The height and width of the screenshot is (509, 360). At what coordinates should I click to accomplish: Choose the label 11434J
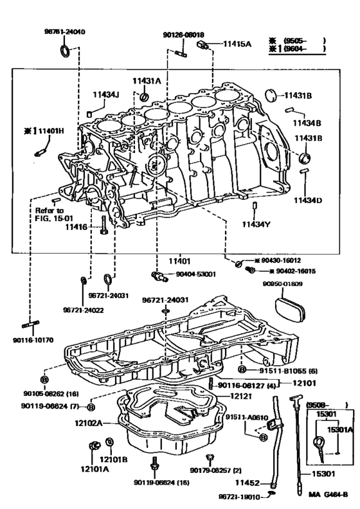coord(105,94)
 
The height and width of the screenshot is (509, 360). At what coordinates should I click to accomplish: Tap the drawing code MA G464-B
coord(328,494)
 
